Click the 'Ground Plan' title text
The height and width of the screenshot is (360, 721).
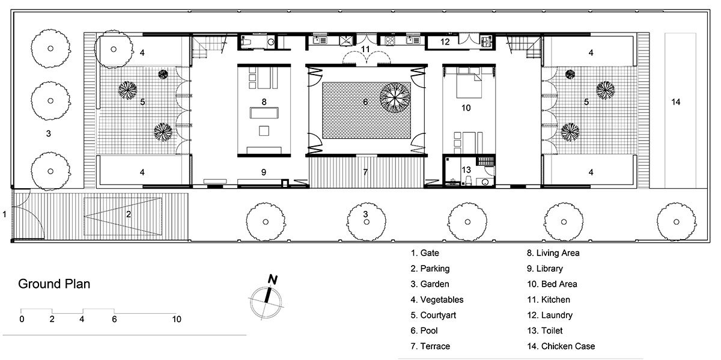point(54,284)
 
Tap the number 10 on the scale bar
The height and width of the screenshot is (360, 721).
point(176,319)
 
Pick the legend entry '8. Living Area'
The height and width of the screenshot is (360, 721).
point(553,253)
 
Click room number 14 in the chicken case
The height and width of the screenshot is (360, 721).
point(676,102)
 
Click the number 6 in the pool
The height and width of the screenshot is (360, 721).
point(365,103)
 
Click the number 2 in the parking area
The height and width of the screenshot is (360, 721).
point(128,213)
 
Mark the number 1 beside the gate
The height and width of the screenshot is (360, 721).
point(5,213)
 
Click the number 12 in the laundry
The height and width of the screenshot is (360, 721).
point(445,41)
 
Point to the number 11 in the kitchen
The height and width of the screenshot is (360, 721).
point(365,49)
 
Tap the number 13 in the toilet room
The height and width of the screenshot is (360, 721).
point(466,170)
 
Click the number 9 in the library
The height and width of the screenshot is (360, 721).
point(264,172)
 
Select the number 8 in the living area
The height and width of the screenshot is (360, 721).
point(264,102)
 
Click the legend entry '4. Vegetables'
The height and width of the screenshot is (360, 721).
point(437,299)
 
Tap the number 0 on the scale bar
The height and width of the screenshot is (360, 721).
point(22,319)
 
